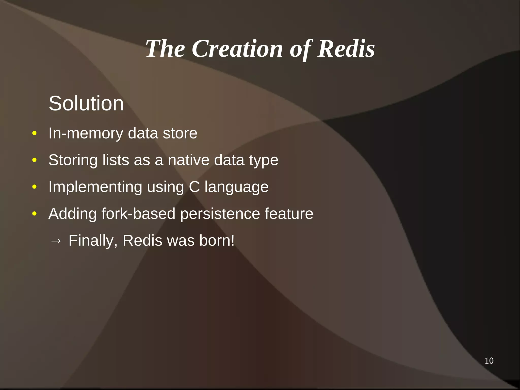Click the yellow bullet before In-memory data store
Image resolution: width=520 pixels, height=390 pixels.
coord(35,133)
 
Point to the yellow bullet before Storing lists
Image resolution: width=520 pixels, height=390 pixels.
coord(35,160)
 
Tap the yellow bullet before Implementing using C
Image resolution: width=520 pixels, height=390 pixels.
coord(35,187)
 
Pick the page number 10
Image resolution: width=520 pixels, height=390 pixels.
coord(489,361)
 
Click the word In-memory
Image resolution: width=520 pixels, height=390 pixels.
coord(86,133)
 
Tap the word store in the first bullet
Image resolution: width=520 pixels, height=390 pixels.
coord(180,133)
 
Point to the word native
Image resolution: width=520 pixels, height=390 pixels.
coord(189,160)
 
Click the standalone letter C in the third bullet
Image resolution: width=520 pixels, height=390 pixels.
coord(194,187)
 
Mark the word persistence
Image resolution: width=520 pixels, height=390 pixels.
coord(220,214)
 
